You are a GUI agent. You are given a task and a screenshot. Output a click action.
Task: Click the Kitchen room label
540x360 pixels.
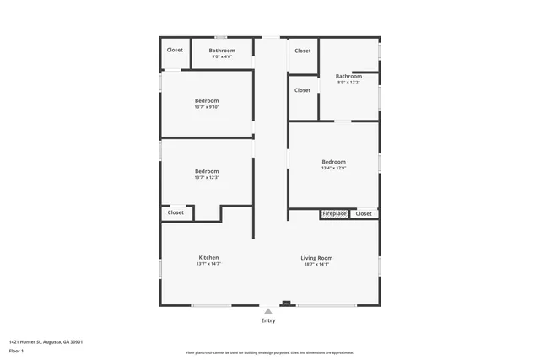(208, 257)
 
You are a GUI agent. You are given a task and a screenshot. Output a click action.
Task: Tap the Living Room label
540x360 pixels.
(316, 257)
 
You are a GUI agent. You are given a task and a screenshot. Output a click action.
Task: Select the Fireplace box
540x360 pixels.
(334, 214)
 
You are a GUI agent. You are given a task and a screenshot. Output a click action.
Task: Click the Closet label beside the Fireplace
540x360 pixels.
(363, 214)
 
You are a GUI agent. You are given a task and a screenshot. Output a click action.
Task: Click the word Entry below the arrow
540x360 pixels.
(268, 320)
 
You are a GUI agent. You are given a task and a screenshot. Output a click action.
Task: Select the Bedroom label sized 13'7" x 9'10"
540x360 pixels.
(207, 100)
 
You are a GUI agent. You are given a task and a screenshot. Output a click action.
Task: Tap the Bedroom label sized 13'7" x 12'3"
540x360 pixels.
(207, 171)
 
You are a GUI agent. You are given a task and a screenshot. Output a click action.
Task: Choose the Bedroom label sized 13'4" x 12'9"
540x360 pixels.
(333, 161)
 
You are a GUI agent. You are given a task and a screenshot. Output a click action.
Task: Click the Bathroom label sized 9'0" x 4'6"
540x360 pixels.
(222, 51)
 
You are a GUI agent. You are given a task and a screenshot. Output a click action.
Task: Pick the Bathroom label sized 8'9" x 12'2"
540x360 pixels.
(348, 76)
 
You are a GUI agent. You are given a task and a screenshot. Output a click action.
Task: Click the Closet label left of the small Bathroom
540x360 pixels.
(175, 50)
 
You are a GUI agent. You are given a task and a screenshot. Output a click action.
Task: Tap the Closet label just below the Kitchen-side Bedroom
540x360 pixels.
(175, 212)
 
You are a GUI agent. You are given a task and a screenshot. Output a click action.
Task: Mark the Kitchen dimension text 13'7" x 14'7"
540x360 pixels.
(208, 265)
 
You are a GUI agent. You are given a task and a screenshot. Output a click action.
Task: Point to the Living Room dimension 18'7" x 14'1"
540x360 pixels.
(316, 265)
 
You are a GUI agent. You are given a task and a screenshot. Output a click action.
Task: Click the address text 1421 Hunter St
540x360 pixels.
(46, 341)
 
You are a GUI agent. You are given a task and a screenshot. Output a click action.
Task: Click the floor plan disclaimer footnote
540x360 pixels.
(269, 352)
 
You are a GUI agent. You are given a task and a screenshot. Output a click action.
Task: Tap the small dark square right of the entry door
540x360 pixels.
(286, 304)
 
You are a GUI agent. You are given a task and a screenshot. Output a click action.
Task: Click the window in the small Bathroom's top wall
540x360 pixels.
(220, 37)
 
